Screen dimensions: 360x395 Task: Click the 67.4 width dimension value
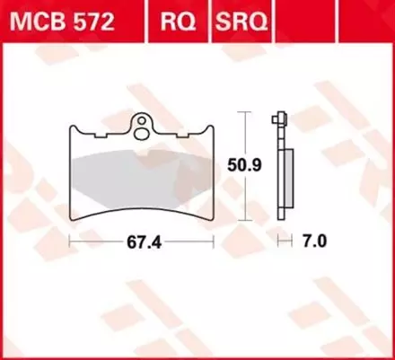139,241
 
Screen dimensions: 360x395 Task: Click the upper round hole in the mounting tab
140,120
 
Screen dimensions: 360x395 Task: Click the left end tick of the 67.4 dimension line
70,241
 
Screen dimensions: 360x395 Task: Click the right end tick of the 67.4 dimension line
213,241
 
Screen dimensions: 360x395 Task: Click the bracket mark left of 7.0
284,241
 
